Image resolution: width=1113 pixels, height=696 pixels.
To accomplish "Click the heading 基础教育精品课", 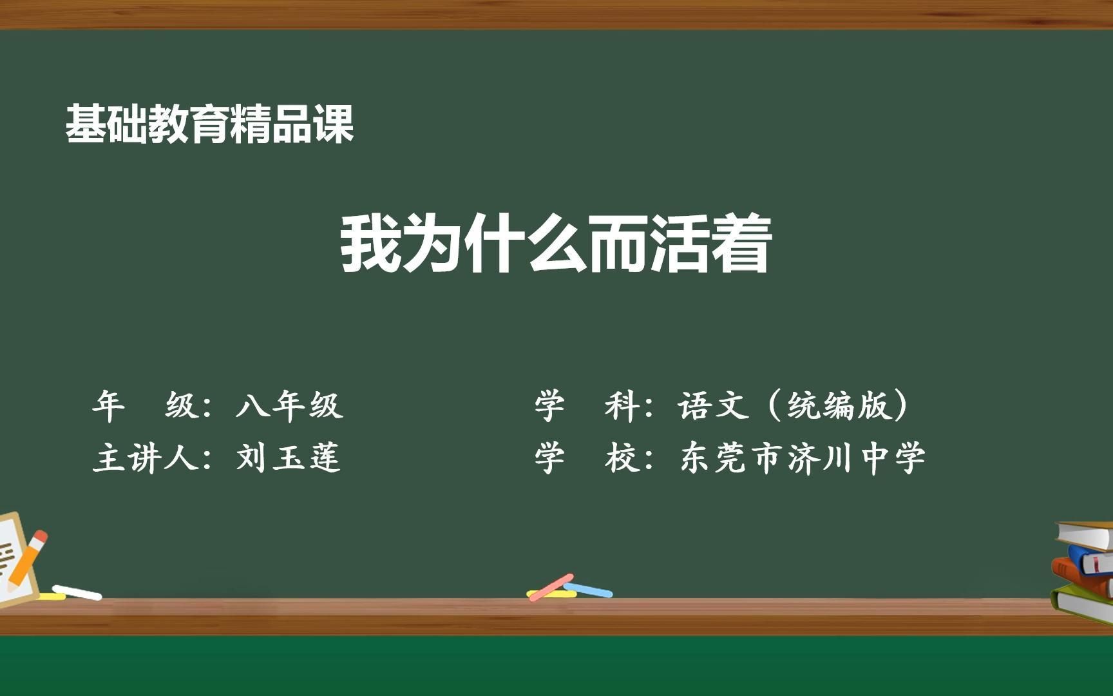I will tap(210, 124).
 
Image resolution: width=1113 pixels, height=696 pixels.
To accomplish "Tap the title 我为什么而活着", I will tap(555, 244).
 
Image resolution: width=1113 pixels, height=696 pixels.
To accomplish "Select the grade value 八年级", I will tap(289, 406).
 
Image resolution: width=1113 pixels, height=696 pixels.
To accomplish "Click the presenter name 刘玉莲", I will tap(288, 458).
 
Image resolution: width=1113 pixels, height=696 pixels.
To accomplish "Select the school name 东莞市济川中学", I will tap(803, 458).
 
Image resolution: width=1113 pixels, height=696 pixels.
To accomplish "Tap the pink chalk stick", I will tap(551, 586).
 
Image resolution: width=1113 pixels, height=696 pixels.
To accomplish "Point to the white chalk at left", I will tap(77, 592).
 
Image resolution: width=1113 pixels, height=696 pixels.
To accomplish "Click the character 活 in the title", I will tap(679, 244).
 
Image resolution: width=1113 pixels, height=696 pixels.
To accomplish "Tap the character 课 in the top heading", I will tap(334, 124).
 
